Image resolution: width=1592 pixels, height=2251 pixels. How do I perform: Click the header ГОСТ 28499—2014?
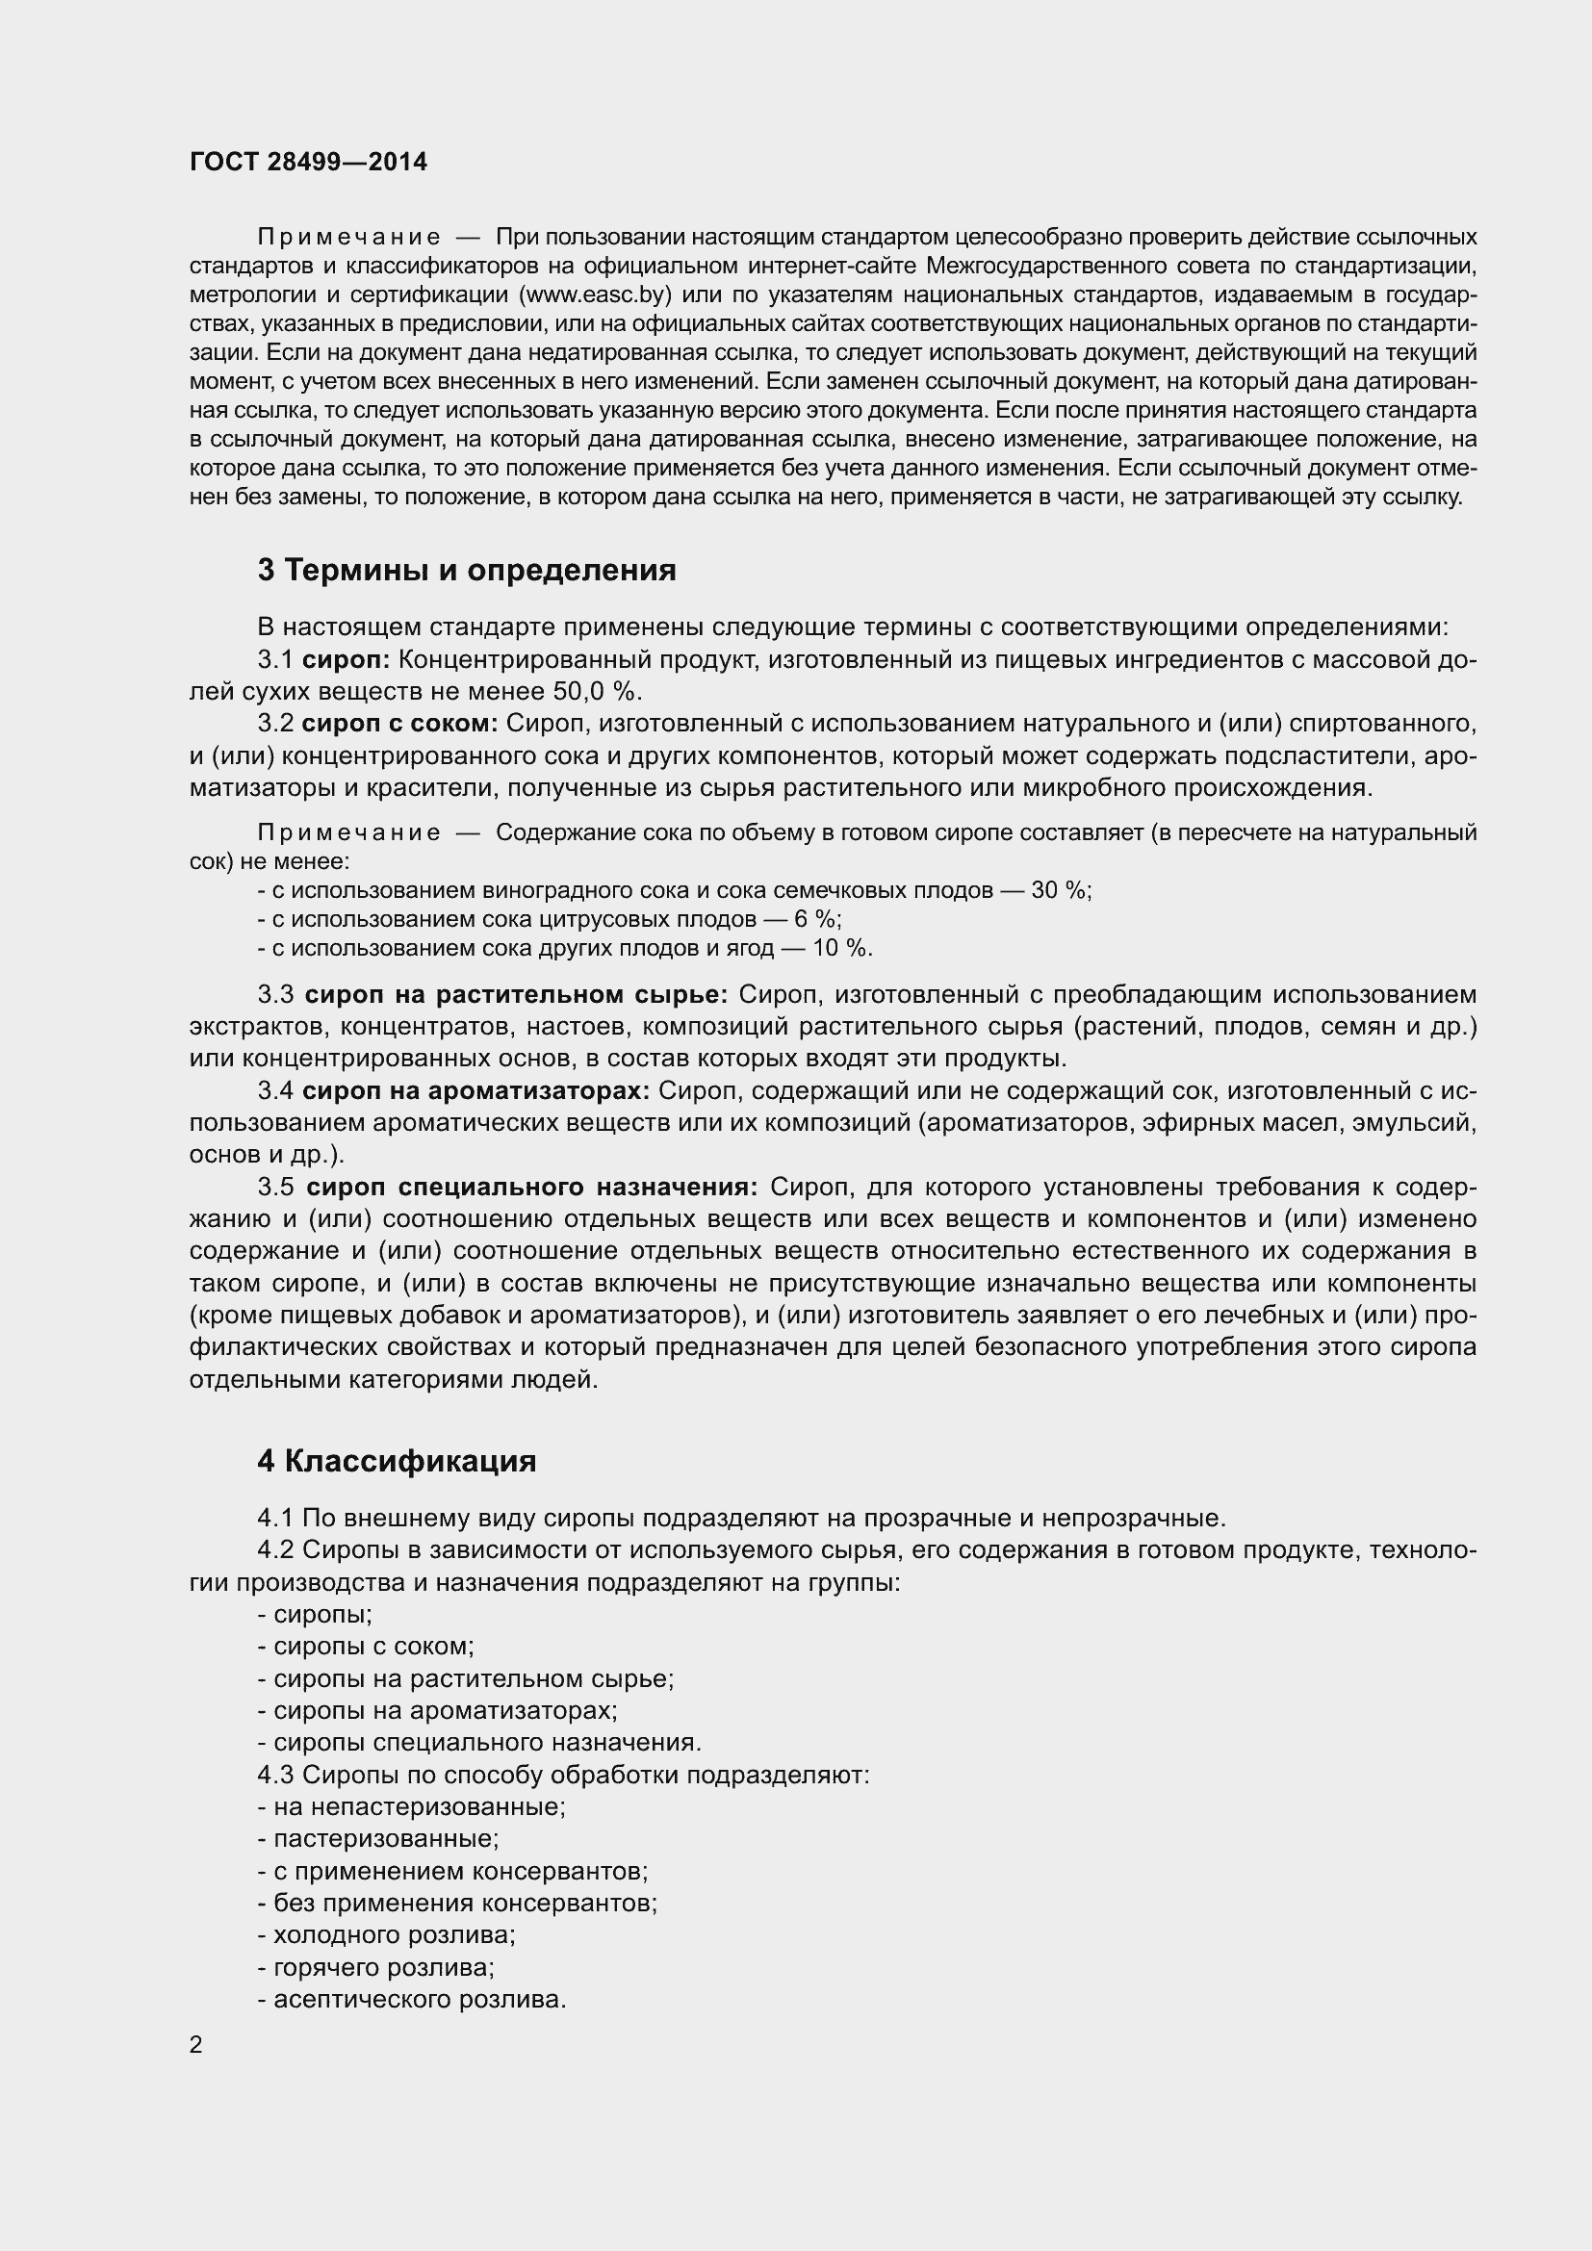[308, 162]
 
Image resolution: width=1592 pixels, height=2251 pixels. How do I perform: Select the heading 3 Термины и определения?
[467, 571]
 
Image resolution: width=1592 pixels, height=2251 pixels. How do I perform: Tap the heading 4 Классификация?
[397, 1461]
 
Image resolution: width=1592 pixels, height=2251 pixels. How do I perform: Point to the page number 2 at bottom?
[196, 2045]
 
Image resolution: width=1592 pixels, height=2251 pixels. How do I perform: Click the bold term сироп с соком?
[400, 724]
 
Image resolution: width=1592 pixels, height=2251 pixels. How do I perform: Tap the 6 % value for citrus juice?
[815, 920]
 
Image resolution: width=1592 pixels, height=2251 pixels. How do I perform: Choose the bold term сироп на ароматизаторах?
[475, 1090]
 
